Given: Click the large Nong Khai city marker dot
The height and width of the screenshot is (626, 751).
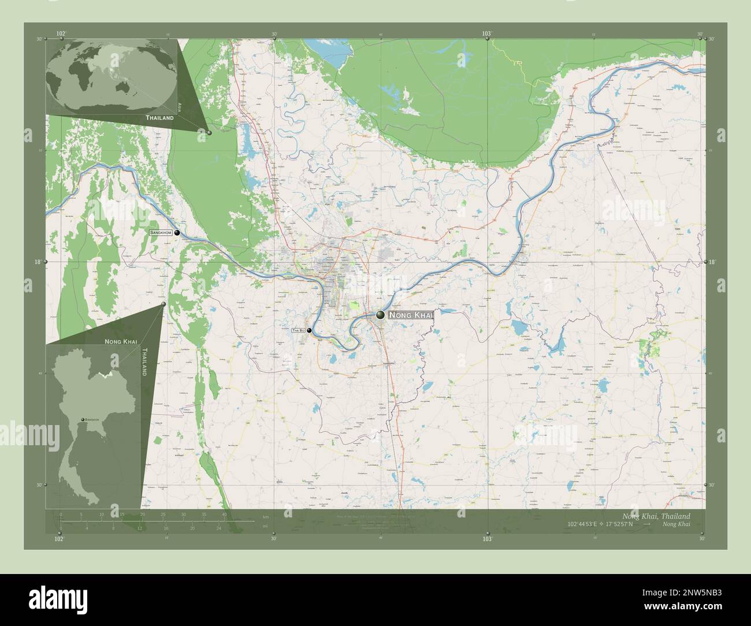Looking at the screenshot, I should pyautogui.click(x=380, y=315).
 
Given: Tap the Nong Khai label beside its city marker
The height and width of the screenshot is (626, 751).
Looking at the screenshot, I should pyautogui.click(x=410, y=315).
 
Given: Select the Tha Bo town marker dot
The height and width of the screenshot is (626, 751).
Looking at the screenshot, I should pyautogui.click(x=310, y=330).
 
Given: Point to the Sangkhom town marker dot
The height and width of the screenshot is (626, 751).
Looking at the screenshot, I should pyautogui.click(x=177, y=233).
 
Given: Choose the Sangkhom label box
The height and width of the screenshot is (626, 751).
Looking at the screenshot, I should pyautogui.click(x=161, y=233).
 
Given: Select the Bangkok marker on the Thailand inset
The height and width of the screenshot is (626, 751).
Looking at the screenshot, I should pyautogui.click(x=83, y=419).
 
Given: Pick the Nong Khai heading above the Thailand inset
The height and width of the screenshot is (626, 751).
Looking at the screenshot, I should pyautogui.click(x=121, y=342).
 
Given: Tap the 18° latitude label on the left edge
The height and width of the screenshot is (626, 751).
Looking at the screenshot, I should pyautogui.click(x=36, y=262).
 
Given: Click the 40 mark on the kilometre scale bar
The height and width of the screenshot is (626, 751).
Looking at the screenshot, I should pyautogui.click(x=224, y=514).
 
